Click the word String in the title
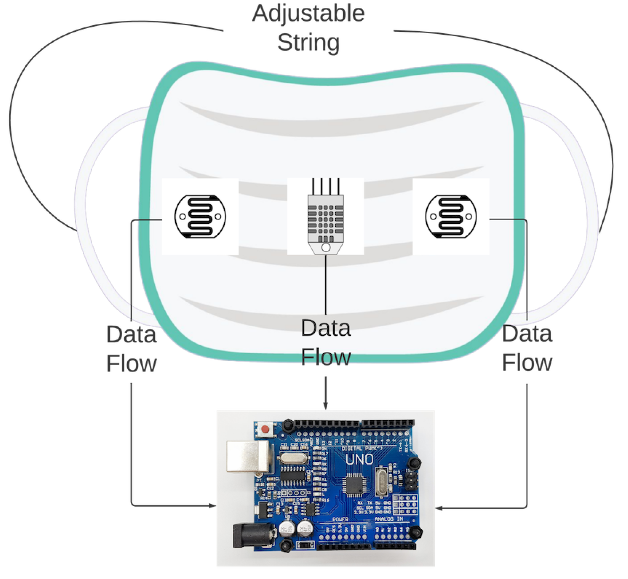308,42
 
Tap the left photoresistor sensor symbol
200,217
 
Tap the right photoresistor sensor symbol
451,217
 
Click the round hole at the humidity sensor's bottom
326,248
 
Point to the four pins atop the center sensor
326,186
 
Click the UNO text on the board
359,460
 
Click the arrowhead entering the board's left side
212,506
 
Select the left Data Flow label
131,349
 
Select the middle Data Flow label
326,342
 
